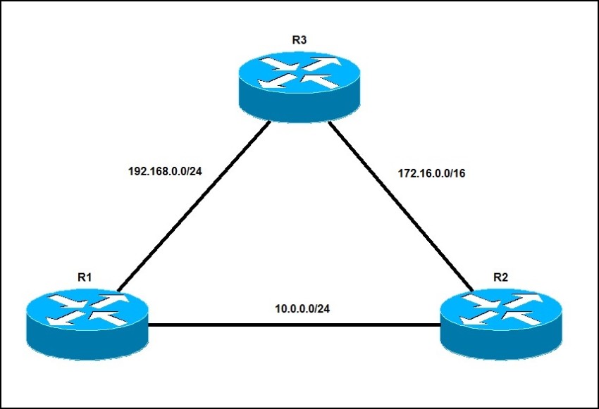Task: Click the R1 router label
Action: click(x=85, y=277)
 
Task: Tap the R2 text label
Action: click(x=500, y=277)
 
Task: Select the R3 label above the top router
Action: click(x=299, y=40)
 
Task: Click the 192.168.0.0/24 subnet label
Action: click(x=165, y=171)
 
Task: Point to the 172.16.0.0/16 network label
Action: click(x=432, y=173)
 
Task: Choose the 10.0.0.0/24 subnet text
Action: click(x=302, y=308)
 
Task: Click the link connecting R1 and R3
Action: click(x=194, y=206)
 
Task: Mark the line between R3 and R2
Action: click(x=400, y=206)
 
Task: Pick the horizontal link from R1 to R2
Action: click(x=294, y=325)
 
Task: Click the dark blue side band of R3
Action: click(x=299, y=108)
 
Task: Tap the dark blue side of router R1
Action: click(x=87, y=346)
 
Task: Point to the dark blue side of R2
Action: click(x=501, y=346)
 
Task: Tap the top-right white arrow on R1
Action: click(x=108, y=300)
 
